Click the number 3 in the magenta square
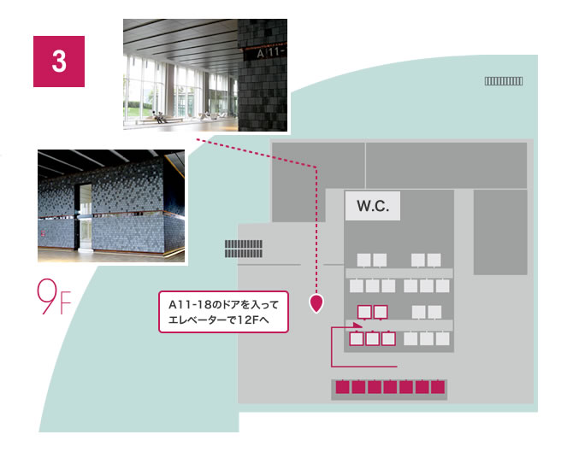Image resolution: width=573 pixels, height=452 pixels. tap(59, 62)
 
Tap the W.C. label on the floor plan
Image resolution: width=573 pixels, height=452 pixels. tap(372, 207)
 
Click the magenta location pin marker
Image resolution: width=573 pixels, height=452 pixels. tap(316, 302)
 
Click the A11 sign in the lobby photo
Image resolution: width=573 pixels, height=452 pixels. tap(271, 53)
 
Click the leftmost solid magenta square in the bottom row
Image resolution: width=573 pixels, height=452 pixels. tap(342, 388)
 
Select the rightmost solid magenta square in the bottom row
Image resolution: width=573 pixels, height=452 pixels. tap(438, 388)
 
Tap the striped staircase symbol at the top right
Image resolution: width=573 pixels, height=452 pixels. tap(504, 81)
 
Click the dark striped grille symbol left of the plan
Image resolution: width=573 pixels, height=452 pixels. tap(243, 248)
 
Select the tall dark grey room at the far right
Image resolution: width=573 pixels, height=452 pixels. tap(499, 232)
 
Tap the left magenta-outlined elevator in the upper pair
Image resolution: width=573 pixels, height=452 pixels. tap(363, 312)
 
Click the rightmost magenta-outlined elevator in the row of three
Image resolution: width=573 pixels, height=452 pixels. tap(388, 338)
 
